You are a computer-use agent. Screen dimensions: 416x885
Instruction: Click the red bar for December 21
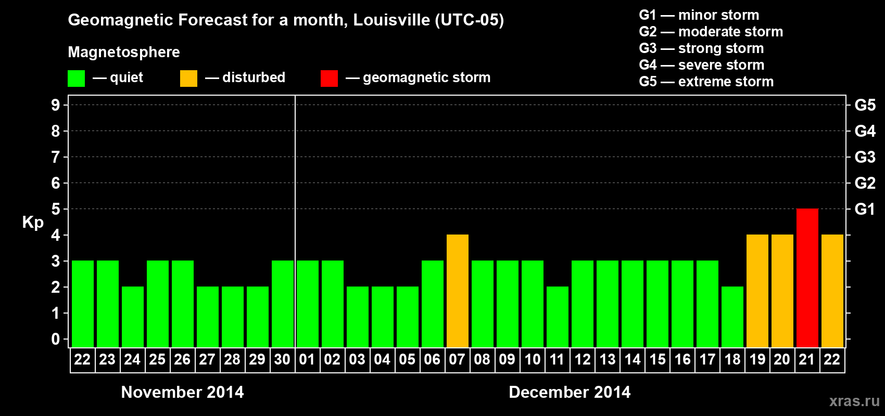tap(807, 278)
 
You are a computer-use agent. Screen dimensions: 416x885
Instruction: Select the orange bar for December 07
tap(457, 291)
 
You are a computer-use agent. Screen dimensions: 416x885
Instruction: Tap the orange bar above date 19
tap(757, 291)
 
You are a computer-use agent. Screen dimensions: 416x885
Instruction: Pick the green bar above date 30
tap(282, 304)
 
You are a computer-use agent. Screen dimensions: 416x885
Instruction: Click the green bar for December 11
tap(557, 317)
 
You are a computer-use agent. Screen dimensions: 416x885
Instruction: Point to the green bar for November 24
tap(132, 317)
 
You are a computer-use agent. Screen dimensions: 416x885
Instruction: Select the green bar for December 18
tap(732, 317)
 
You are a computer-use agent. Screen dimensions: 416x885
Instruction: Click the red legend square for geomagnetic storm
tap(329, 79)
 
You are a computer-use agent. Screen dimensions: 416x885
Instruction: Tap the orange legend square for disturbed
tap(188, 79)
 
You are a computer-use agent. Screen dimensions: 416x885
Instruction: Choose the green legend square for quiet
tap(76, 79)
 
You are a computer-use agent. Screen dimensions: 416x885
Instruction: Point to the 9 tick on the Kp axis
tap(56, 105)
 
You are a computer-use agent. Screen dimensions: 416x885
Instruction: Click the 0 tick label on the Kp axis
tap(56, 340)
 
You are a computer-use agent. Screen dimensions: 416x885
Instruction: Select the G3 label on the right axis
tap(865, 157)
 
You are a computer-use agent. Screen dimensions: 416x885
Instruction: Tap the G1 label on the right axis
tap(865, 209)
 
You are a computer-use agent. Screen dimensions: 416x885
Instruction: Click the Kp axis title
tap(33, 223)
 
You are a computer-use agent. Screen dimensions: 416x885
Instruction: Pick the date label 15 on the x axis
tap(657, 359)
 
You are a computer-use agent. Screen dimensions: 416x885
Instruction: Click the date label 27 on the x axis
tap(207, 359)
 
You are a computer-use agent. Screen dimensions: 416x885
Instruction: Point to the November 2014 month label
tap(182, 392)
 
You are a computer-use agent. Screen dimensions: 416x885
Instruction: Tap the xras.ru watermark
tap(854, 400)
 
